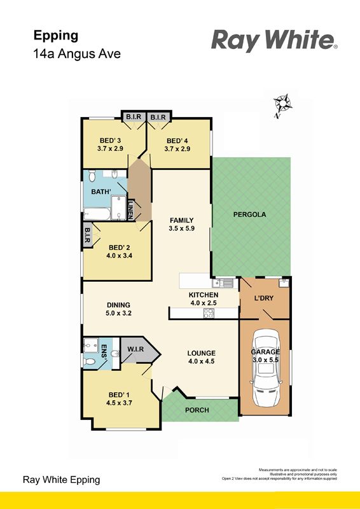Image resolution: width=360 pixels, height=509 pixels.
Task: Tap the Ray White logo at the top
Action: [x=274, y=40]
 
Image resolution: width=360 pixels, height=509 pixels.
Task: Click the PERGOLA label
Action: [x=249, y=214]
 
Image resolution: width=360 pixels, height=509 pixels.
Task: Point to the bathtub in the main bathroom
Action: [x=97, y=214]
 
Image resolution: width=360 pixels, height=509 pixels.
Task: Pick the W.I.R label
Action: [x=135, y=349]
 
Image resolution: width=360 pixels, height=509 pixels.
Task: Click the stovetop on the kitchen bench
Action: [x=209, y=313]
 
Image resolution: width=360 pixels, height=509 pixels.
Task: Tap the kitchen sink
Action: [x=224, y=283]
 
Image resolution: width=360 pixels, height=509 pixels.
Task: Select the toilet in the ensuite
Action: [x=89, y=361]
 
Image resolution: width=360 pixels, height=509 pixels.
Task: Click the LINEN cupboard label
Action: [x=130, y=210]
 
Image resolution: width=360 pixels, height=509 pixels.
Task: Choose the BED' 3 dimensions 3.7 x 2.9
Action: [x=110, y=149]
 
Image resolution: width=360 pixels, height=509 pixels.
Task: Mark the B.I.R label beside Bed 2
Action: [x=87, y=235]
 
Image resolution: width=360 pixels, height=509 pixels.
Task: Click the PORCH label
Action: [x=197, y=410]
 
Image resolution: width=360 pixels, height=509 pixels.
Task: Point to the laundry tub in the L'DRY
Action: [x=284, y=282]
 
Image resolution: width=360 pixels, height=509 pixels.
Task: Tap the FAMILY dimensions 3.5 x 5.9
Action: [x=181, y=228]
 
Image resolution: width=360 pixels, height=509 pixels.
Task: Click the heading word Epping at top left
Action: [x=56, y=36]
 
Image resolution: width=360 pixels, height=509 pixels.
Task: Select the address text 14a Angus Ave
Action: [x=77, y=53]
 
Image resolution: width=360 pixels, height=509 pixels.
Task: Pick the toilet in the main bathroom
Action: [x=92, y=176]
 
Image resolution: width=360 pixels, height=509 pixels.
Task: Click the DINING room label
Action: [x=118, y=305]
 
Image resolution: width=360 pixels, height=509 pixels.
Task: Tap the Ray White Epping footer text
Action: [x=61, y=480]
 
